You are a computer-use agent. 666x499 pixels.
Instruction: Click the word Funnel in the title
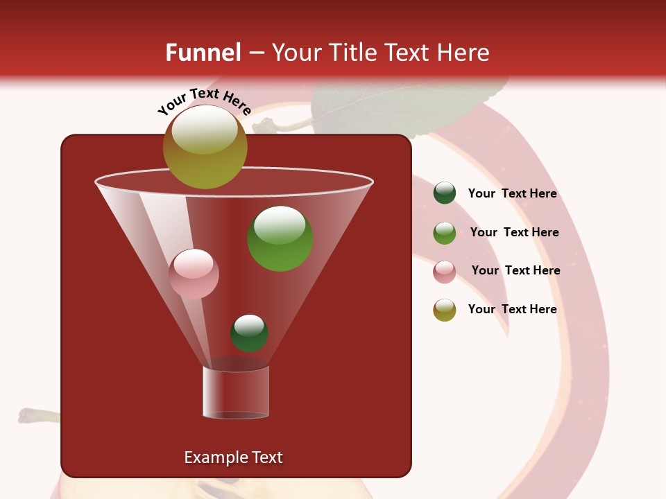coord(203,53)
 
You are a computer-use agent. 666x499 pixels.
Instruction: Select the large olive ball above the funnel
coord(205,147)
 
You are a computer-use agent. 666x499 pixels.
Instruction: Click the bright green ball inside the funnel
coord(280,238)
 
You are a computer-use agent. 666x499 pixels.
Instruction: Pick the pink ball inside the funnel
coord(194,274)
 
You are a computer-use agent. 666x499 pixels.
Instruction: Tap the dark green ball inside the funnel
coord(249,333)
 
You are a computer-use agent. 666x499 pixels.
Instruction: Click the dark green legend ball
coord(445,193)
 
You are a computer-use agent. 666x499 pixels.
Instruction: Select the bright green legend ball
coord(445,233)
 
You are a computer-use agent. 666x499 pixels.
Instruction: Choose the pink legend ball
coord(445,272)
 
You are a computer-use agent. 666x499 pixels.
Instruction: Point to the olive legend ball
coord(445,310)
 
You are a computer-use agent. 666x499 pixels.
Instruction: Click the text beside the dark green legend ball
coord(512,193)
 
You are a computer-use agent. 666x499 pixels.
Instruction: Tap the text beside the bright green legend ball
coord(514,232)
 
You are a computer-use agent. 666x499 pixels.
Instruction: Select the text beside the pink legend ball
coord(515,270)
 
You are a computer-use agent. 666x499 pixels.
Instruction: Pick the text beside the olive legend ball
coord(512,309)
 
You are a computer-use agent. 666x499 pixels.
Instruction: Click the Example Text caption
coord(233,457)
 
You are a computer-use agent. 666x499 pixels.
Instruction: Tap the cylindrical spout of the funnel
coord(236,392)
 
